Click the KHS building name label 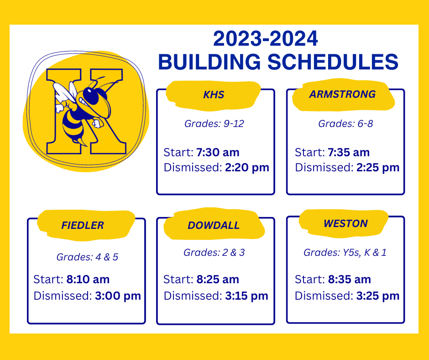[214, 95]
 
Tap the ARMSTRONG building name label [342, 94]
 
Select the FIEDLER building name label [82, 225]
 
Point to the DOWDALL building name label [213, 226]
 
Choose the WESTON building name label [345, 223]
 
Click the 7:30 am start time [218, 152]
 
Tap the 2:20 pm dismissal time [247, 168]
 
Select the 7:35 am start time [349, 152]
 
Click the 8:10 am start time [88, 279]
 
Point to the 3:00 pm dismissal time [118, 296]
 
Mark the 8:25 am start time [218, 279]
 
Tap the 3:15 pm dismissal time [246, 296]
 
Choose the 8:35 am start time [349, 279]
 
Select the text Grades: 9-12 [214, 123]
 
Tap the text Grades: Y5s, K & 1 [345, 252]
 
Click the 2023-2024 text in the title [265, 39]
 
